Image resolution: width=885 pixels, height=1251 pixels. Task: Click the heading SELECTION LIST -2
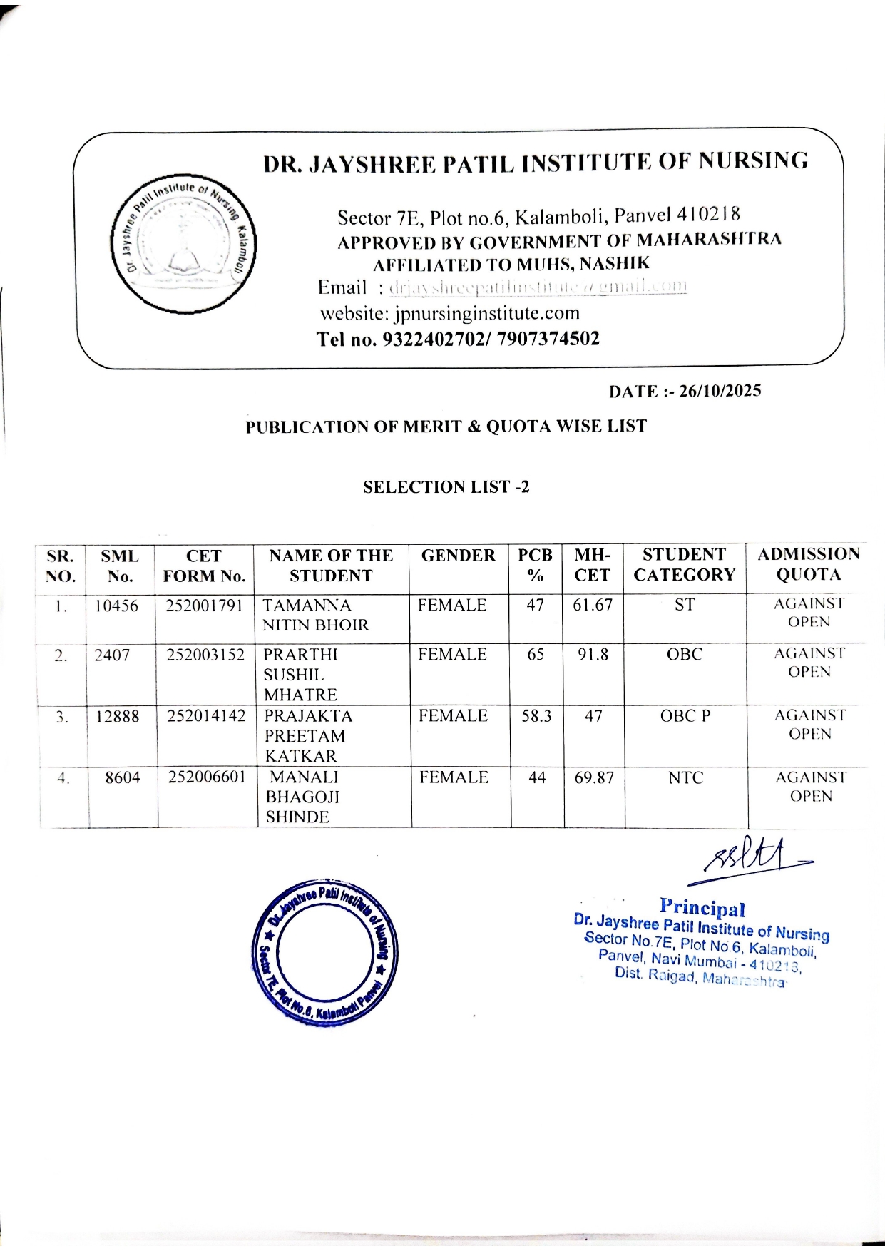(446, 487)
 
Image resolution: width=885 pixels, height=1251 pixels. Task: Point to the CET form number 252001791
(205, 606)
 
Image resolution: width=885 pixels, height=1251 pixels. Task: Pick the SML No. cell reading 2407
(112, 655)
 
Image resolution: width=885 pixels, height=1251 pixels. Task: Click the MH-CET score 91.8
(593, 655)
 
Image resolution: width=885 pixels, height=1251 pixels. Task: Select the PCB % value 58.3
(536, 716)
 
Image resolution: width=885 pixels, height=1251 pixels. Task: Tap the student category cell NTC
(685, 778)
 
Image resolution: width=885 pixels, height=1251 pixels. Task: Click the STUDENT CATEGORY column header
(684, 565)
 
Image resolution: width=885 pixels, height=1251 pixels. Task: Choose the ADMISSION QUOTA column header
(808, 565)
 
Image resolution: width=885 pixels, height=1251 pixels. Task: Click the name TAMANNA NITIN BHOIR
(315, 616)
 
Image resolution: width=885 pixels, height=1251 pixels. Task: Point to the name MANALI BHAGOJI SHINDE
(302, 797)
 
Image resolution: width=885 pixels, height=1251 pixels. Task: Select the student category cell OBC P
(685, 716)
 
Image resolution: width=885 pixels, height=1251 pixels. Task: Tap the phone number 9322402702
(435, 339)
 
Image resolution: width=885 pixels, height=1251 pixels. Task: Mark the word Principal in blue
(702, 907)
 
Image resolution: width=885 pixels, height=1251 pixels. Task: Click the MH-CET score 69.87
(594, 778)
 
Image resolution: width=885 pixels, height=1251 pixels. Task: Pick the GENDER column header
(458, 556)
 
